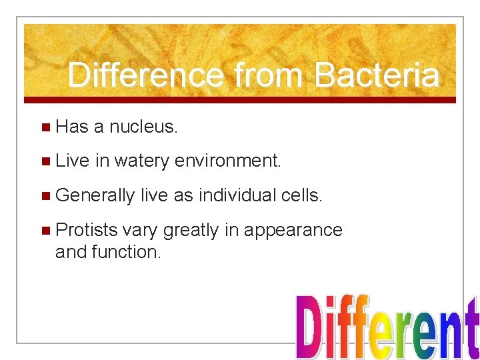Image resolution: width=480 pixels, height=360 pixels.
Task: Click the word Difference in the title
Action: pos(145,75)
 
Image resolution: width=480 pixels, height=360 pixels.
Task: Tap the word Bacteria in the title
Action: pos(377,75)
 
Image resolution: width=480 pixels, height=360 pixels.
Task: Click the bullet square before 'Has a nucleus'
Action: pos(45,127)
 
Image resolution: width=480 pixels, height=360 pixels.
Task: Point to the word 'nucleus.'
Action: pos(143,127)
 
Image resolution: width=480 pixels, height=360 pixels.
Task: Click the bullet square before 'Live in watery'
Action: pos(45,161)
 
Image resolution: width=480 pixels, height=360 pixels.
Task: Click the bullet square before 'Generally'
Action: pos(45,196)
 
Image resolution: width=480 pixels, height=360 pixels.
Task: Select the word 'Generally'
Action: pos(95,195)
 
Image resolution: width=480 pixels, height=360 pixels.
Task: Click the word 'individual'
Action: pos(241,195)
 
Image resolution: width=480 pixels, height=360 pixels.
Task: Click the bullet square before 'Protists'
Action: pos(45,231)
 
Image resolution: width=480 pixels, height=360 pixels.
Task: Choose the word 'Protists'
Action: pos(87,230)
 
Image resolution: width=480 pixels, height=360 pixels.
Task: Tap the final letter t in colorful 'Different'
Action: pos(471,330)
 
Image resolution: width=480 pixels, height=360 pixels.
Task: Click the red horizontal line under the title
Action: pos(240,100)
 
